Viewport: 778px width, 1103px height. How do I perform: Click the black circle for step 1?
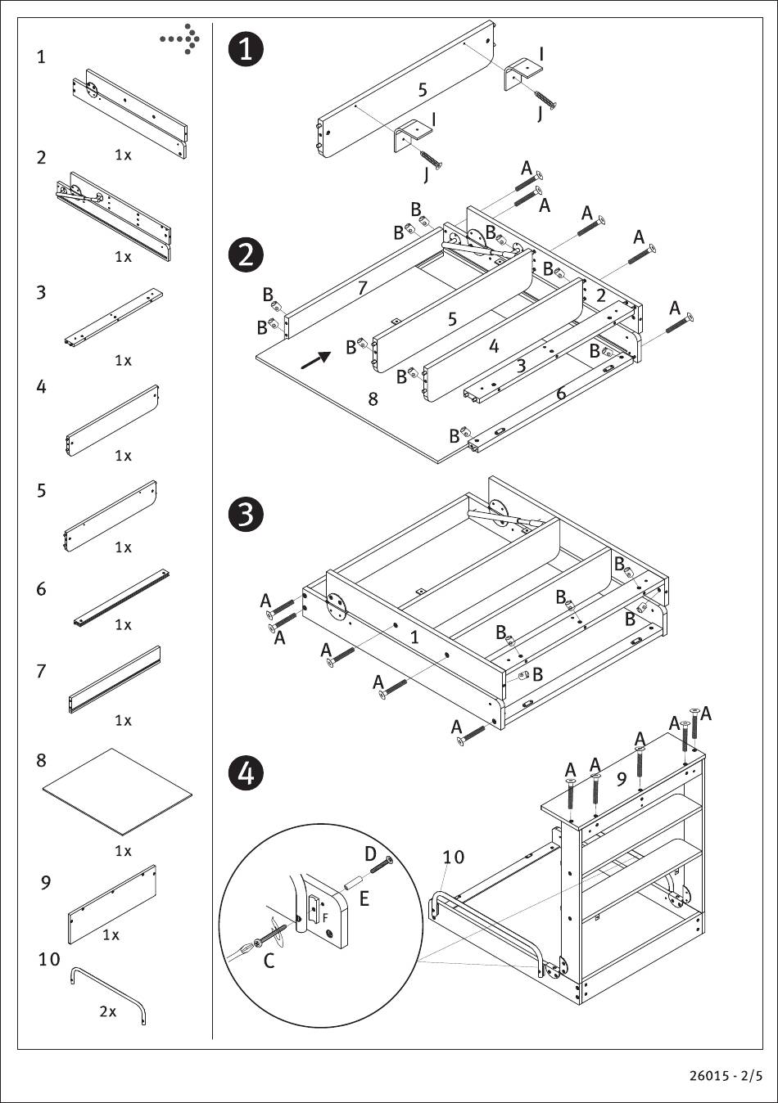[247, 50]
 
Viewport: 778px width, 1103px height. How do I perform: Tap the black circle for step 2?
[246, 255]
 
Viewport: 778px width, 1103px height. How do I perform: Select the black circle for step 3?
[246, 515]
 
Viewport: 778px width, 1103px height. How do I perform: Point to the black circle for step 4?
[246, 773]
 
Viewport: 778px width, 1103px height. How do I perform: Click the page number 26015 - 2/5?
[726, 1076]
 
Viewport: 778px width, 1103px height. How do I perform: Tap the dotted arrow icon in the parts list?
[179, 38]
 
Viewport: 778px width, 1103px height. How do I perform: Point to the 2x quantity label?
[108, 1011]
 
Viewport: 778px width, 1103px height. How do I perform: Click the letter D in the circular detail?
[370, 854]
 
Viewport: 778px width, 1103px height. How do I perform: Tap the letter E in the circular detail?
[364, 898]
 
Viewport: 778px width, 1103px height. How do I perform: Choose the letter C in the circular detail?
[269, 961]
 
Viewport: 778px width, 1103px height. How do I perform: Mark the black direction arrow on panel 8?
[315, 360]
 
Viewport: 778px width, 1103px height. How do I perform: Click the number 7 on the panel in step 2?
[363, 287]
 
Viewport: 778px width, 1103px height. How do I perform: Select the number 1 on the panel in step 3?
[414, 637]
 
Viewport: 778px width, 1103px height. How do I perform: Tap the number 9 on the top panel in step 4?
[622, 778]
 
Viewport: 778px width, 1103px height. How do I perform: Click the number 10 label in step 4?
[454, 858]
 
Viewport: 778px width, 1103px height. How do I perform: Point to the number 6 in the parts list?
[42, 589]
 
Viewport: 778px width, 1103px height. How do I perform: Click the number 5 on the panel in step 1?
[423, 90]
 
